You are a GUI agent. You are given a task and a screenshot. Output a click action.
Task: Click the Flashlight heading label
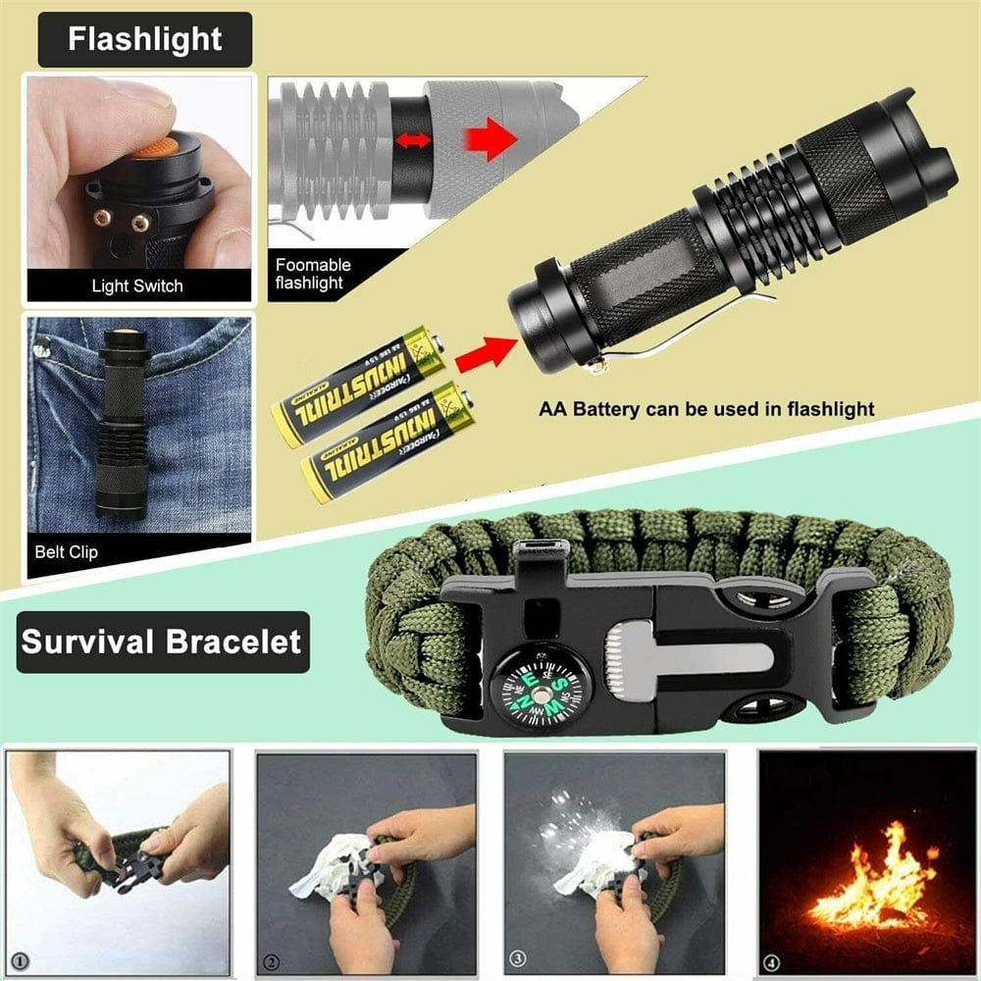144,39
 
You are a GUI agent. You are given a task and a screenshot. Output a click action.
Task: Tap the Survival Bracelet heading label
161,643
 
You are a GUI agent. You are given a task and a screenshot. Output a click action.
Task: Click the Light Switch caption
136,286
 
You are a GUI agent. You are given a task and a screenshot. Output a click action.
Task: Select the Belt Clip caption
66,551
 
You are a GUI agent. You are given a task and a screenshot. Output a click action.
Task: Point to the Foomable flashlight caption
313,274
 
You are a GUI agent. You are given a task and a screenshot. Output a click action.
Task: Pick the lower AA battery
388,440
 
